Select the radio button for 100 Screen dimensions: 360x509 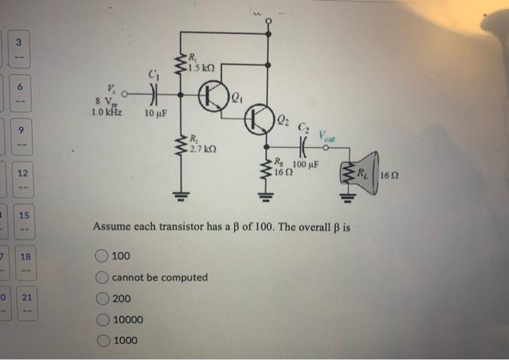pyautogui.click(x=102, y=256)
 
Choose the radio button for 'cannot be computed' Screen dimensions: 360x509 pyautogui.click(x=102, y=277)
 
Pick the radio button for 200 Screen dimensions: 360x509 pyautogui.click(x=102, y=298)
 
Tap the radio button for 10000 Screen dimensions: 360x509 pyautogui.click(x=102, y=319)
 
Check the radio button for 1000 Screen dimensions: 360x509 pyautogui.click(x=102, y=340)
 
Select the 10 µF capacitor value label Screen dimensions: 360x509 pyautogui.click(x=156, y=113)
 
